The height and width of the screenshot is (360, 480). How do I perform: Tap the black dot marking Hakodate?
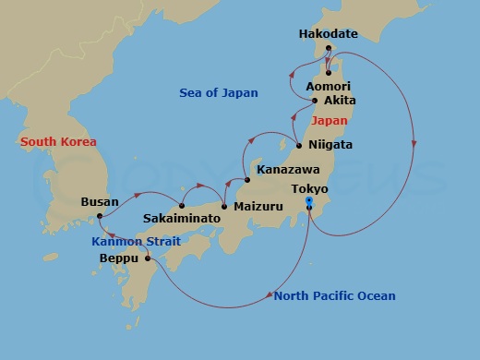(x=329, y=48)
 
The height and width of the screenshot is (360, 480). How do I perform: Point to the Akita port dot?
(x=316, y=101)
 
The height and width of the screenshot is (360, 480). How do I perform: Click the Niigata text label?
(x=331, y=145)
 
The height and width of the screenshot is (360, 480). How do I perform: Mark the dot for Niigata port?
(x=298, y=145)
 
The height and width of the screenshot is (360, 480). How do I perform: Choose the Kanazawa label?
(x=290, y=171)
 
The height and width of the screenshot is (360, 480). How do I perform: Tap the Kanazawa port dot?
(x=247, y=179)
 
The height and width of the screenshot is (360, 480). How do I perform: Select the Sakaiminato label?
(x=182, y=219)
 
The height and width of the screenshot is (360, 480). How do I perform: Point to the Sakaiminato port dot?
(x=182, y=205)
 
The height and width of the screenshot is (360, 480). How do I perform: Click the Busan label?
(x=100, y=199)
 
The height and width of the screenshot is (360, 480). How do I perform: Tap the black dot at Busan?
(x=99, y=217)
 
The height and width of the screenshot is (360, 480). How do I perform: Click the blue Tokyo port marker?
(x=309, y=201)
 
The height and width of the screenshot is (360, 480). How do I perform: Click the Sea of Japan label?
(x=218, y=92)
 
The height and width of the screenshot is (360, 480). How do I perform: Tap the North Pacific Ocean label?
(x=334, y=295)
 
